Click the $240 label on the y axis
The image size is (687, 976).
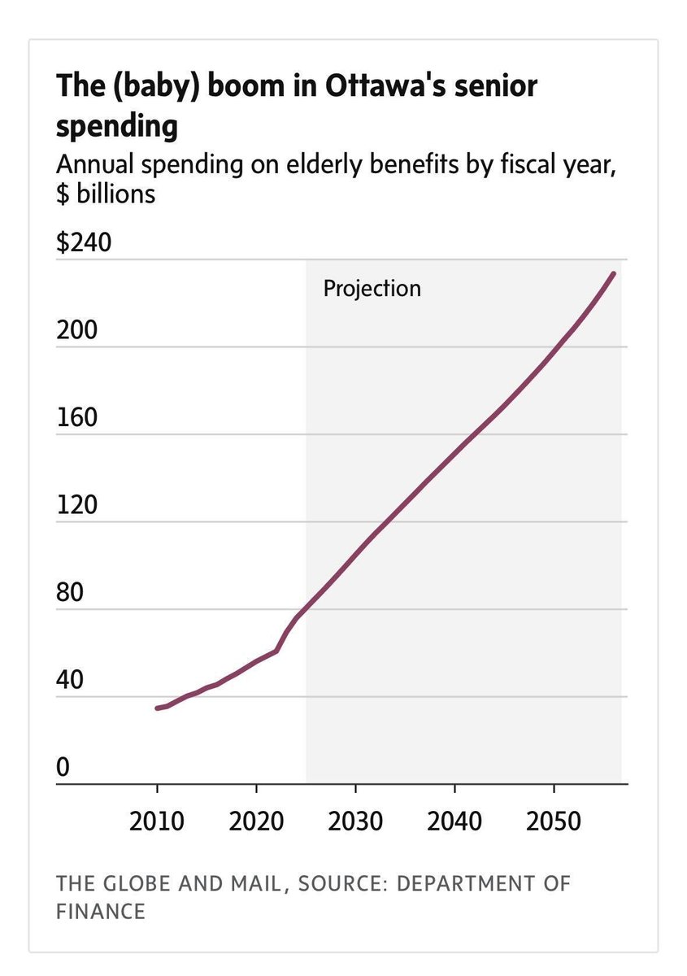[x=82, y=244]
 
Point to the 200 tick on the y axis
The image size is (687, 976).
[x=76, y=331]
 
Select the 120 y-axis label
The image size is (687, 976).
[x=76, y=506]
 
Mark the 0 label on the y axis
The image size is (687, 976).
[x=63, y=768]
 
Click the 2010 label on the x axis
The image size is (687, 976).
[x=157, y=821]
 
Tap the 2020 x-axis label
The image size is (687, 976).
[x=256, y=821]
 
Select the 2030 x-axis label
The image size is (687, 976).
[x=355, y=821]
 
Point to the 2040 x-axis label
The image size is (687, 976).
[x=454, y=821]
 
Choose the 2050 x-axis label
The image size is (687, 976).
[x=554, y=821]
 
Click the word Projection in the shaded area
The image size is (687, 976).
[x=372, y=288]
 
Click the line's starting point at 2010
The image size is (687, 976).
[x=157, y=708]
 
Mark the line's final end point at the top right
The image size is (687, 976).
[x=614, y=273]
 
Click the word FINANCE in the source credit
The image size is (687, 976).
[x=101, y=911]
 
